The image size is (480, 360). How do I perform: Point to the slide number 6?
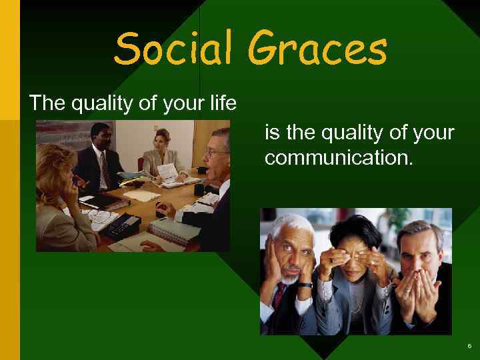click(x=469, y=346)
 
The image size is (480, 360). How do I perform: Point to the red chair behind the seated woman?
click(x=141, y=163)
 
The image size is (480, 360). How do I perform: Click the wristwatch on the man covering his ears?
click(x=304, y=285)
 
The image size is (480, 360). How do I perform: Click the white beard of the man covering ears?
click(x=289, y=273)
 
